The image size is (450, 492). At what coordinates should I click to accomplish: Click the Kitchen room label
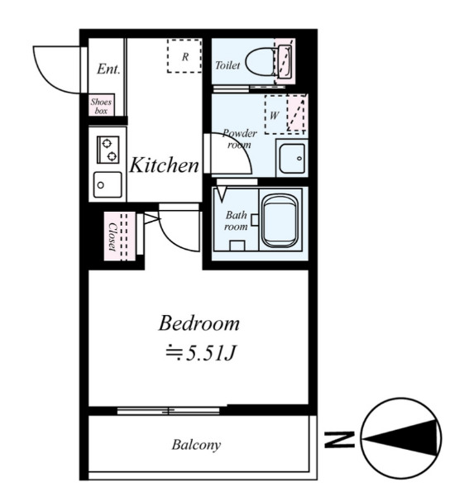click(164, 165)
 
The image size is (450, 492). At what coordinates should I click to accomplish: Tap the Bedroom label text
click(199, 323)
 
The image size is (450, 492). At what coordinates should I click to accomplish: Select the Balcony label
click(196, 445)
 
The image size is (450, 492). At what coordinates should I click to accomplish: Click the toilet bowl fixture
click(260, 61)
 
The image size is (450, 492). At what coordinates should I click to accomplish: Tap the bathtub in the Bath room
click(280, 221)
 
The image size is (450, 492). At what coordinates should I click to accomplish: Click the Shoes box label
click(101, 106)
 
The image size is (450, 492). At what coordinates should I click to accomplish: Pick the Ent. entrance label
click(108, 69)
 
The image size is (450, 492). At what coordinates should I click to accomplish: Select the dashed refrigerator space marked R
click(184, 56)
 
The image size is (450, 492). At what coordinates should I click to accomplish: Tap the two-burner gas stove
click(108, 150)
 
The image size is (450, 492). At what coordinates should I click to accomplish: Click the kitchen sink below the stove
click(108, 185)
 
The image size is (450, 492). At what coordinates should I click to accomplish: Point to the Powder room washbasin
click(292, 159)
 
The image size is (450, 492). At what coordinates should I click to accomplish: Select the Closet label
click(112, 236)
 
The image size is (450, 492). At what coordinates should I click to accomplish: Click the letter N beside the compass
click(339, 439)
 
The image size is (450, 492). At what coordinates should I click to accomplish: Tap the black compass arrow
click(400, 437)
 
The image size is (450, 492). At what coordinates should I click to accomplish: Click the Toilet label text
click(227, 65)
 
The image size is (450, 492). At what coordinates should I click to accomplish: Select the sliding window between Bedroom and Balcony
click(169, 410)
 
